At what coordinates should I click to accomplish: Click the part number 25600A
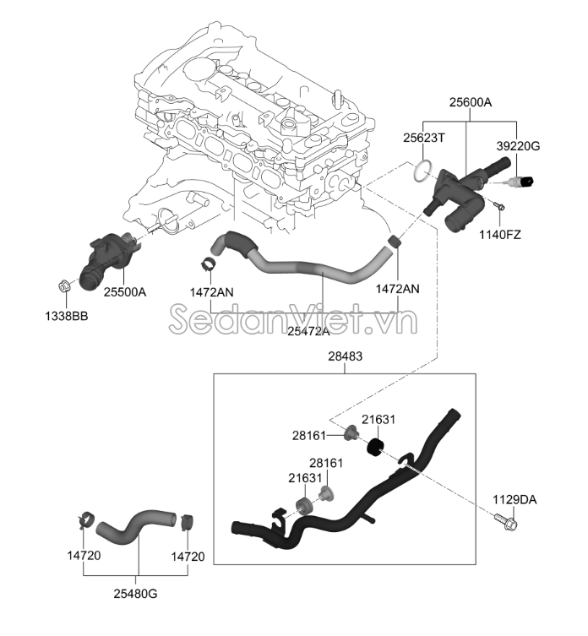pyautogui.click(x=471, y=102)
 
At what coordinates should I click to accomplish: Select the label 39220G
pyautogui.click(x=517, y=146)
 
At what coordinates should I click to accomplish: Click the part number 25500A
pyautogui.click(x=125, y=292)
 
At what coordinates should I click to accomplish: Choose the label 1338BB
pyautogui.click(x=67, y=317)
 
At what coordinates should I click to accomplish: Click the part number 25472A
pyautogui.click(x=308, y=332)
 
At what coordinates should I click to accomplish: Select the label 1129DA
pyautogui.click(x=515, y=500)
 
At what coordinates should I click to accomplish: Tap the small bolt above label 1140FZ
pyautogui.click(x=498, y=206)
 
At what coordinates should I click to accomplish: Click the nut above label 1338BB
pyautogui.click(x=66, y=288)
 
